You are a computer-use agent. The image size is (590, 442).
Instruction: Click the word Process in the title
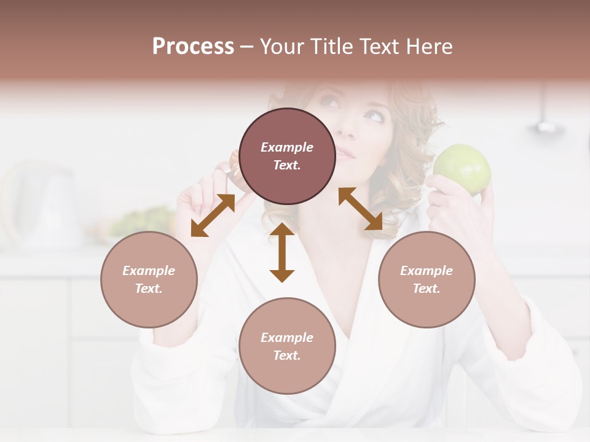coord(193,47)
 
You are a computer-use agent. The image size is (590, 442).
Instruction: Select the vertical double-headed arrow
coord(282,252)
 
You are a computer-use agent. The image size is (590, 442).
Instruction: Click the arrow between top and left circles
coord(213,215)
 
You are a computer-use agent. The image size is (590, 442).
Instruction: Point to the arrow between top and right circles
coord(361,209)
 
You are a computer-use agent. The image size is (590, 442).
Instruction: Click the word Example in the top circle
coord(287,147)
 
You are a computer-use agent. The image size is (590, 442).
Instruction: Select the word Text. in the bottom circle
coord(287,355)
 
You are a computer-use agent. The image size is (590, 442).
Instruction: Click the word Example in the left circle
coord(149,271)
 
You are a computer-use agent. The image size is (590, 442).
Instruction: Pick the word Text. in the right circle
coord(427,289)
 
